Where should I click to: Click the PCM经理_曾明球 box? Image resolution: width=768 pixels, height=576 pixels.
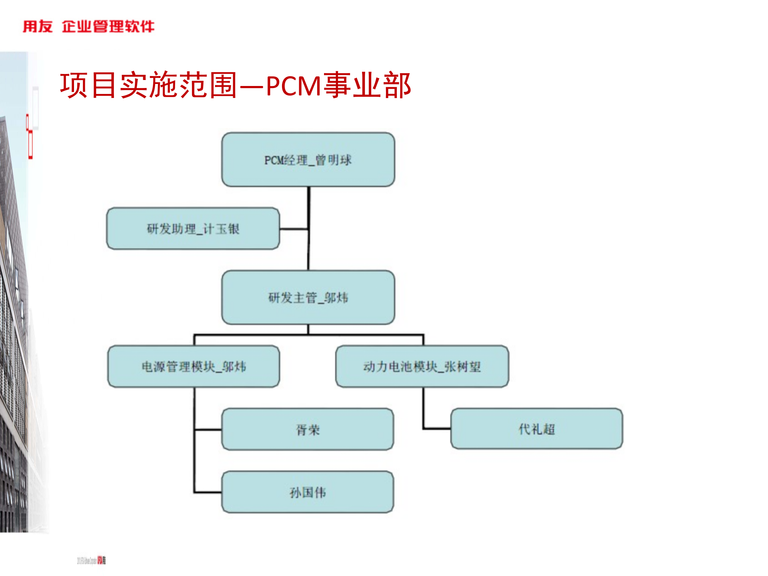coord(308,160)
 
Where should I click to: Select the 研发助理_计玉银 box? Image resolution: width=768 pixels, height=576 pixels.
coord(193,229)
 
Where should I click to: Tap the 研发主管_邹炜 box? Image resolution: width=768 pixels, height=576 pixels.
coord(308,298)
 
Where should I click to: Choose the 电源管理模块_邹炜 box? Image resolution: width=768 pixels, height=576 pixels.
coord(194,366)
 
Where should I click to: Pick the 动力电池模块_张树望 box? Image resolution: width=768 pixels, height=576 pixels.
coord(422,366)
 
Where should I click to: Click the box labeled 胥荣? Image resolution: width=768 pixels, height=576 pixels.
coord(308,429)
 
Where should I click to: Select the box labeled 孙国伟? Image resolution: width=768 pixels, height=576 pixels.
coord(308,492)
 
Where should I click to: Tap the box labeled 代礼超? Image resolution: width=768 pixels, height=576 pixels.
coord(536,429)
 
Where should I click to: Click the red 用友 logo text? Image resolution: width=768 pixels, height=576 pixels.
coord(38,26)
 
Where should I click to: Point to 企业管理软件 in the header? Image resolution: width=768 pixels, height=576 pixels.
coord(108,26)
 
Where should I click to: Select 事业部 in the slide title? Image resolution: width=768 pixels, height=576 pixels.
coord(367,85)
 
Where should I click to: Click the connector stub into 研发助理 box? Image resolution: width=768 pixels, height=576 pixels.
coord(294,229)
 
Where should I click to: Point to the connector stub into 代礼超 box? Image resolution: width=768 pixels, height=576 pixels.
coord(437,428)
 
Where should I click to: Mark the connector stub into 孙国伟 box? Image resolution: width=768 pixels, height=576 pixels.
coord(208,492)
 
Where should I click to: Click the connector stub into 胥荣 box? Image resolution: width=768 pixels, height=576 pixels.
coord(208,430)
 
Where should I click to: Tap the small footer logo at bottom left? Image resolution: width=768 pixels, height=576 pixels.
coord(92,560)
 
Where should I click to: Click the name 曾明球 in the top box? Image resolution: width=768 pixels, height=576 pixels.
coord(333,160)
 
